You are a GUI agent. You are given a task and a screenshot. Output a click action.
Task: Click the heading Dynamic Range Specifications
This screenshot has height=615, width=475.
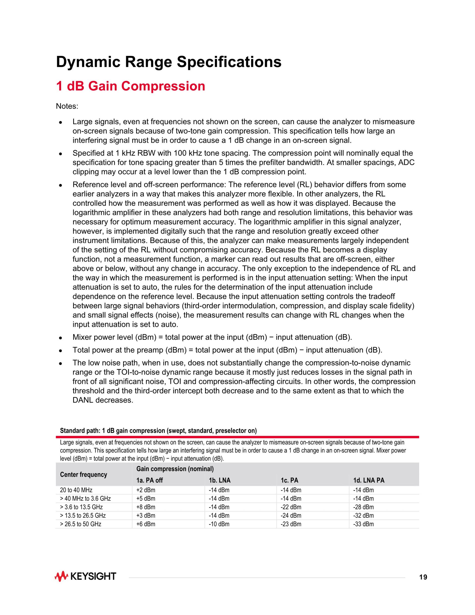click(x=168, y=62)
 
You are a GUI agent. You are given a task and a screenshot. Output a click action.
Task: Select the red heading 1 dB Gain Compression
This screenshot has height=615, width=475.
click(x=131, y=86)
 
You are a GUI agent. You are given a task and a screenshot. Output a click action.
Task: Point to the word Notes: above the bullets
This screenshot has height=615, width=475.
click(x=67, y=106)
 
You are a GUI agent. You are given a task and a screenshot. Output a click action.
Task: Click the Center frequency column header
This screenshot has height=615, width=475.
click(x=84, y=474)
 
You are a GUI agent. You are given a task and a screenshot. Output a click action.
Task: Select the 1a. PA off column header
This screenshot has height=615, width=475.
click(x=149, y=480)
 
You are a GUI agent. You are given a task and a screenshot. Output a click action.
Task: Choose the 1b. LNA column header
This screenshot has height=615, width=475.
click(x=219, y=480)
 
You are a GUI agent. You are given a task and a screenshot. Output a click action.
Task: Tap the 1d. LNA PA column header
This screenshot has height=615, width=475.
click(x=369, y=480)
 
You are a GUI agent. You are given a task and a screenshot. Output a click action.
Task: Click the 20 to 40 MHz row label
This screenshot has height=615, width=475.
click(x=76, y=490)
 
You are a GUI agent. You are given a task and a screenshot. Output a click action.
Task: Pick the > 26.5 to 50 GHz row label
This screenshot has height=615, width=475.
click(x=80, y=524)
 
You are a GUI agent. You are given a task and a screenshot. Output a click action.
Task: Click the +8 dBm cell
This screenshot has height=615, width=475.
click(x=146, y=507)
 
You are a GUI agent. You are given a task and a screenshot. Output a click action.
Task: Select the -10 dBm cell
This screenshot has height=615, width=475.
click(x=219, y=524)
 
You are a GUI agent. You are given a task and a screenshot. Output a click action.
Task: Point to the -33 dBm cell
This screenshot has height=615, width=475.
click(x=363, y=524)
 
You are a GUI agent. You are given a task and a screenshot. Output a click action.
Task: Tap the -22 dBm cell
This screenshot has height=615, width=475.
click(x=291, y=507)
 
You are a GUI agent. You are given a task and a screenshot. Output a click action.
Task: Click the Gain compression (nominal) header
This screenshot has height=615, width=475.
click(x=175, y=469)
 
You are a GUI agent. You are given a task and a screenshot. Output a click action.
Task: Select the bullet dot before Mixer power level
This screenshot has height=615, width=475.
click(x=60, y=338)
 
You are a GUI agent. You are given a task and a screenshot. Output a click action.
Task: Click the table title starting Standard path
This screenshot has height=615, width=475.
click(x=158, y=431)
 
